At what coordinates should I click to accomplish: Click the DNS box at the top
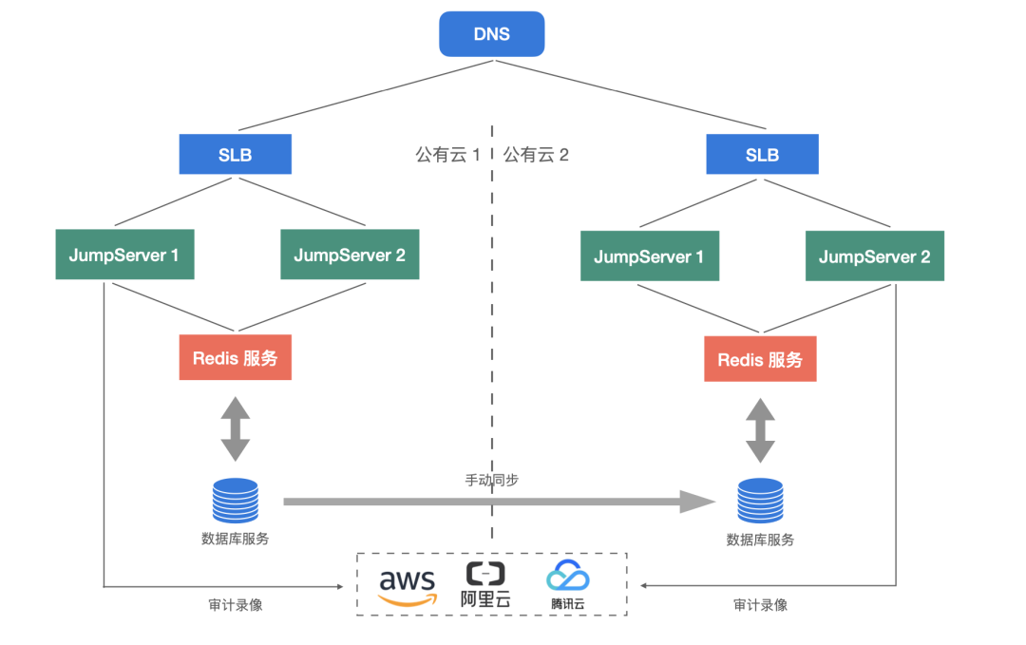[x=491, y=34]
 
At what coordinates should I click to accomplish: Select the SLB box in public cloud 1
[x=235, y=155]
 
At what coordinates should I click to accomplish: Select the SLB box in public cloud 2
[x=762, y=155]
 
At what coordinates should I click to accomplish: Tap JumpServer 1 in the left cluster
[x=124, y=255]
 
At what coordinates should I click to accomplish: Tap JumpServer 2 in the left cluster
[x=350, y=255]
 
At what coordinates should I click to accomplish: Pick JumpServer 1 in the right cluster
[x=649, y=256]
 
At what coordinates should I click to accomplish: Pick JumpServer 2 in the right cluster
[x=874, y=256]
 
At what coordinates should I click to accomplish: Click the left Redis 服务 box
[x=235, y=358]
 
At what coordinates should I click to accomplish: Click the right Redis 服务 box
[x=760, y=359]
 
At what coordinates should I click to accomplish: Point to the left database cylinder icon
[x=235, y=502]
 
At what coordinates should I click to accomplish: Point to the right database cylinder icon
[x=760, y=503]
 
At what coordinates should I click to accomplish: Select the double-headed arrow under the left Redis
[x=235, y=428]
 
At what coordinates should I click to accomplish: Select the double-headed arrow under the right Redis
[x=760, y=429]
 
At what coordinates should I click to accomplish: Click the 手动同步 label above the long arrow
[x=491, y=481]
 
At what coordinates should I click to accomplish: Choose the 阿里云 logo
[x=484, y=583]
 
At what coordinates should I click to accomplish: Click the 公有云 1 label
[x=447, y=155]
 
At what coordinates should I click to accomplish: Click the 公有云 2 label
[x=536, y=155]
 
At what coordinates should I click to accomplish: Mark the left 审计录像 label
[x=235, y=604]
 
